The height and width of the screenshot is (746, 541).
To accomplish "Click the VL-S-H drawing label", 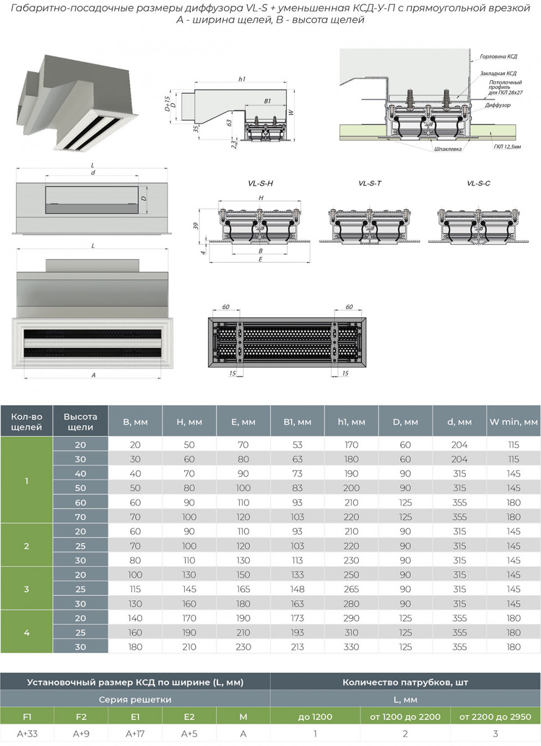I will (x=260, y=183).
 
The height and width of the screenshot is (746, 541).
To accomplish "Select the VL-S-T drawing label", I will (x=370, y=183).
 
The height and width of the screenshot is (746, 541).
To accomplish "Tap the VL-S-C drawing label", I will (x=478, y=183).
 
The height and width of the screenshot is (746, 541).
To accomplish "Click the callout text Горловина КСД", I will (x=498, y=57).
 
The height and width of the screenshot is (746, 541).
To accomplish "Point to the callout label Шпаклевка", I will (x=448, y=149).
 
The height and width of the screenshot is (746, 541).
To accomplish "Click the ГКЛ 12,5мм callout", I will (x=507, y=147).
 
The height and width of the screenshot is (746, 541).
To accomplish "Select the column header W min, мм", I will (x=513, y=422).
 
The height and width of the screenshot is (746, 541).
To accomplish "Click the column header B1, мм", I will (x=297, y=422).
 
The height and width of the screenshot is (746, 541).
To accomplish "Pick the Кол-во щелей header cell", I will (x=26, y=422).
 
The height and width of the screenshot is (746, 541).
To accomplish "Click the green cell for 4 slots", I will (x=26, y=633).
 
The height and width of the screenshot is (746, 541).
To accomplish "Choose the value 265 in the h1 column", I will (x=351, y=589).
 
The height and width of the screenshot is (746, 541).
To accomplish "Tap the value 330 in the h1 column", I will (x=351, y=647).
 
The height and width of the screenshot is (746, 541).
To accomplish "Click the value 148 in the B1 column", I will (x=297, y=589).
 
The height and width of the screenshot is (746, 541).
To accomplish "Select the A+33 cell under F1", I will (x=27, y=733).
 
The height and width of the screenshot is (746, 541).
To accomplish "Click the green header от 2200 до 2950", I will (x=495, y=717).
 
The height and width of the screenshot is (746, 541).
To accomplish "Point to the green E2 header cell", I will (x=189, y=717).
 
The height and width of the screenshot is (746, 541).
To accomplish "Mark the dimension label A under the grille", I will (x=93, y=375).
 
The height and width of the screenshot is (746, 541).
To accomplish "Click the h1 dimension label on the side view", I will (x=242, y=79).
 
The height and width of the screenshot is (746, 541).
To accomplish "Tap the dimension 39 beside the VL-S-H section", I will (x=196, y=225).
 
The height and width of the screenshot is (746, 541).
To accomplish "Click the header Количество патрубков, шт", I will (x=405, y=682).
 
